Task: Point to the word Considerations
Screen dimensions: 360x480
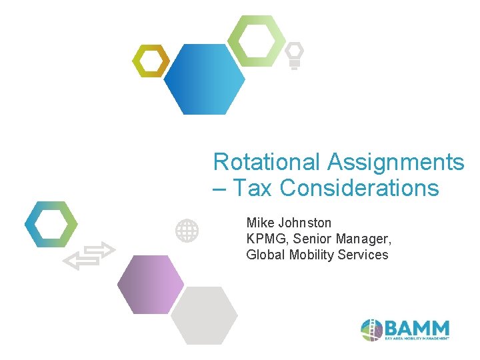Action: point(359,189)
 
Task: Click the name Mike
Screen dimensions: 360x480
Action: point(260,223)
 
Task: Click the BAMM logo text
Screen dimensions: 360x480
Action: point(417,328)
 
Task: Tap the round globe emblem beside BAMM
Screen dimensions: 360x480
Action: point(371,329)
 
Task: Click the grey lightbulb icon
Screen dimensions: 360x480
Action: point(294,55)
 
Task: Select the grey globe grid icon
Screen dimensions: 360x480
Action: point(187,231)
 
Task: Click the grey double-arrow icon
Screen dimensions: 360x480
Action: point(89,256)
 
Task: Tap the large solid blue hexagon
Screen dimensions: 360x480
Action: point(204,79)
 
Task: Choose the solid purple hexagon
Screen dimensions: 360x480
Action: point(150,285)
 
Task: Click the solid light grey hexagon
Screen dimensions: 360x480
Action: point(204,315)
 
